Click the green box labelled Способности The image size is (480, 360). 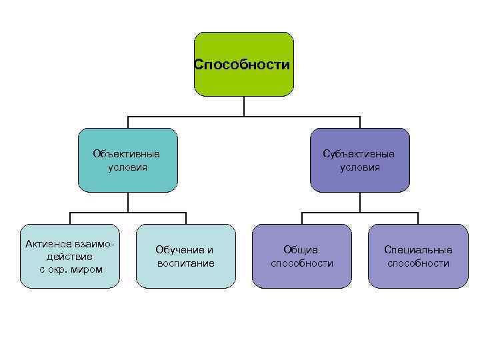[243, 64]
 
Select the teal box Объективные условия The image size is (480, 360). [128, 160]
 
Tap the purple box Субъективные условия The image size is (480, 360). [360, 160]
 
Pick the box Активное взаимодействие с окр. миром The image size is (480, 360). [70, 256]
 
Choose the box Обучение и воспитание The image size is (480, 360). [186, 256]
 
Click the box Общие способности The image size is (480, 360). [301, 256]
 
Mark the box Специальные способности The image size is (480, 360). [418, 256]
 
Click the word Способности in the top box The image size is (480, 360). [242, 65]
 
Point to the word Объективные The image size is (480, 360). [127, 154]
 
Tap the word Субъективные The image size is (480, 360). [359, 154]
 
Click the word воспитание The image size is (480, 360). [186, 263]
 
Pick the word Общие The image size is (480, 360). [301, 250]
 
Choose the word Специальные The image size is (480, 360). [418, 250]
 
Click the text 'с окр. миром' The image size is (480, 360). [71, 269]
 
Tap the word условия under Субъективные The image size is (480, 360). [360, 167]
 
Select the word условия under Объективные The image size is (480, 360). [128, 167]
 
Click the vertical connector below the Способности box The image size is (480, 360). [244, 106]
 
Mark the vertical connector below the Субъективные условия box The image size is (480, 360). [360, 202]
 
